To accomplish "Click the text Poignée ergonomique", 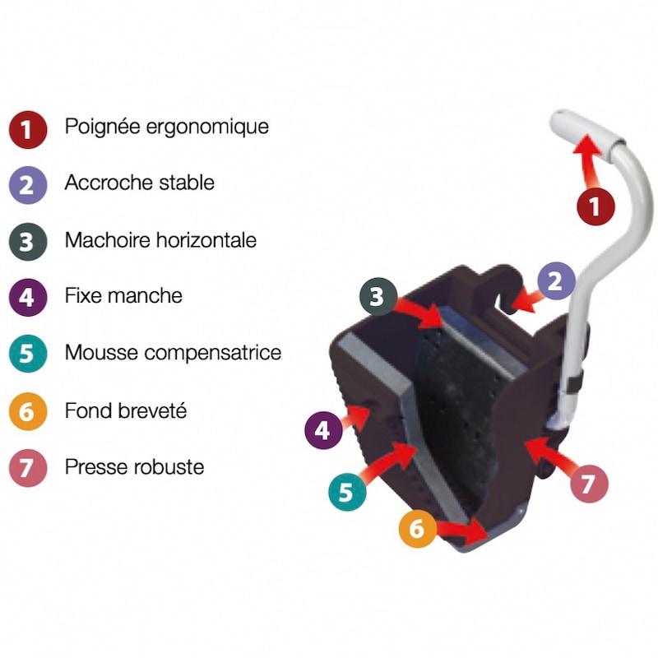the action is click(x=167, y=127).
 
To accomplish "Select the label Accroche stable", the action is click(x=139, y=183).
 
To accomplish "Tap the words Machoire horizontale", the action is click(x=160, y=240).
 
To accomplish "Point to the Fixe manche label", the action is click(x=123, y=295).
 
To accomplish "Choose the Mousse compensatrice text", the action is click(x=173, y=353).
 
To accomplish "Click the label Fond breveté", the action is click(x=126, y=410).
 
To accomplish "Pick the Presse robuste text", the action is click(x=134, y=466).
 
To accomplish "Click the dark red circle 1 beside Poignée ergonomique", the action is click(x=28, y=130).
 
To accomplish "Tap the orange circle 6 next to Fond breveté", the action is click(x=28, y=411).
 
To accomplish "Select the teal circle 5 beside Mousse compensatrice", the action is click(x=28, y=354).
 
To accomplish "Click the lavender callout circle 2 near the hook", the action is click(x=556, y=280).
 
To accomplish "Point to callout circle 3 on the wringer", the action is click(x=378, y=297).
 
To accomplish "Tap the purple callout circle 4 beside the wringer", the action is click(x=323, y=430).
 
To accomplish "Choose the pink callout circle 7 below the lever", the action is click(x=589, y=484).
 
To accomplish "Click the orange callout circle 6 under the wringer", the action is click(x=417, y=529).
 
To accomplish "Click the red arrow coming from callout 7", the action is click(x=549, y=456).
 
